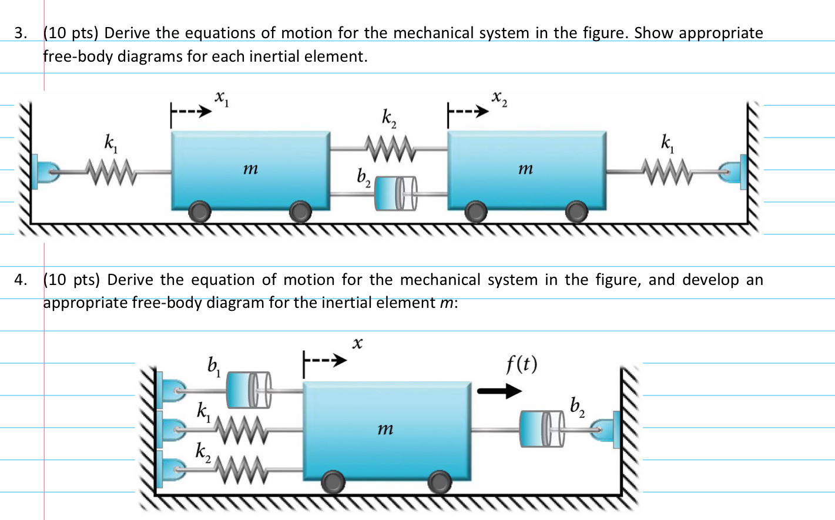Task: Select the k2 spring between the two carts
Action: pos(388,148)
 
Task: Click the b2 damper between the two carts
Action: pos(395,193)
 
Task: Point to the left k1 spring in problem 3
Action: pos(112,172)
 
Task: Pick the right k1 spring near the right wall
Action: pos(666,172)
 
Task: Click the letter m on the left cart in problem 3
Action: pos(250,169)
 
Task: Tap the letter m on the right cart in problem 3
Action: pos(525,169)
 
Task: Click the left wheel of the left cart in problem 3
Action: pos(200,212)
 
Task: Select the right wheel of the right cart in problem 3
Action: pos(576,212)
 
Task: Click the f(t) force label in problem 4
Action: pos(521,364)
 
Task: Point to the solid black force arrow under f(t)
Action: pos(499,391)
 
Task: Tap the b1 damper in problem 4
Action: pos(249,390)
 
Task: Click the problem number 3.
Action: pos(20,33)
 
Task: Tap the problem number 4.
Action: pos(20,280)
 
